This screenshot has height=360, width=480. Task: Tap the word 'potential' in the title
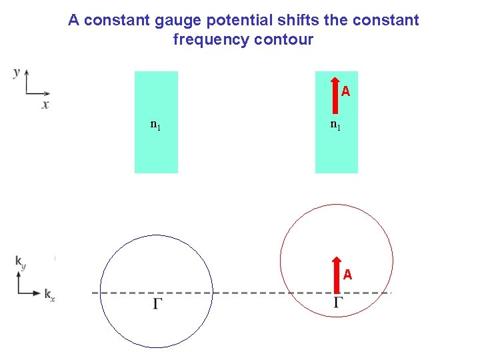[223, 21]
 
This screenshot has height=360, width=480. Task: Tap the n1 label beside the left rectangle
[155, 124]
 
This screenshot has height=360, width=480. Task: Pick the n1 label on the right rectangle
[335, 124]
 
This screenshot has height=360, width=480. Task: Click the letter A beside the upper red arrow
[345, 91]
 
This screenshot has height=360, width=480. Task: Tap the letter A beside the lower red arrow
[347, 274]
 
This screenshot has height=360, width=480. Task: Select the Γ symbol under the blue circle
[158, 305]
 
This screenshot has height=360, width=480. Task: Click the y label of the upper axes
[16, 72]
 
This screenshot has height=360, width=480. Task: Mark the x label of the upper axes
[45, 105]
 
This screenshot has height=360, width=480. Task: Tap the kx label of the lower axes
[49, 294]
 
